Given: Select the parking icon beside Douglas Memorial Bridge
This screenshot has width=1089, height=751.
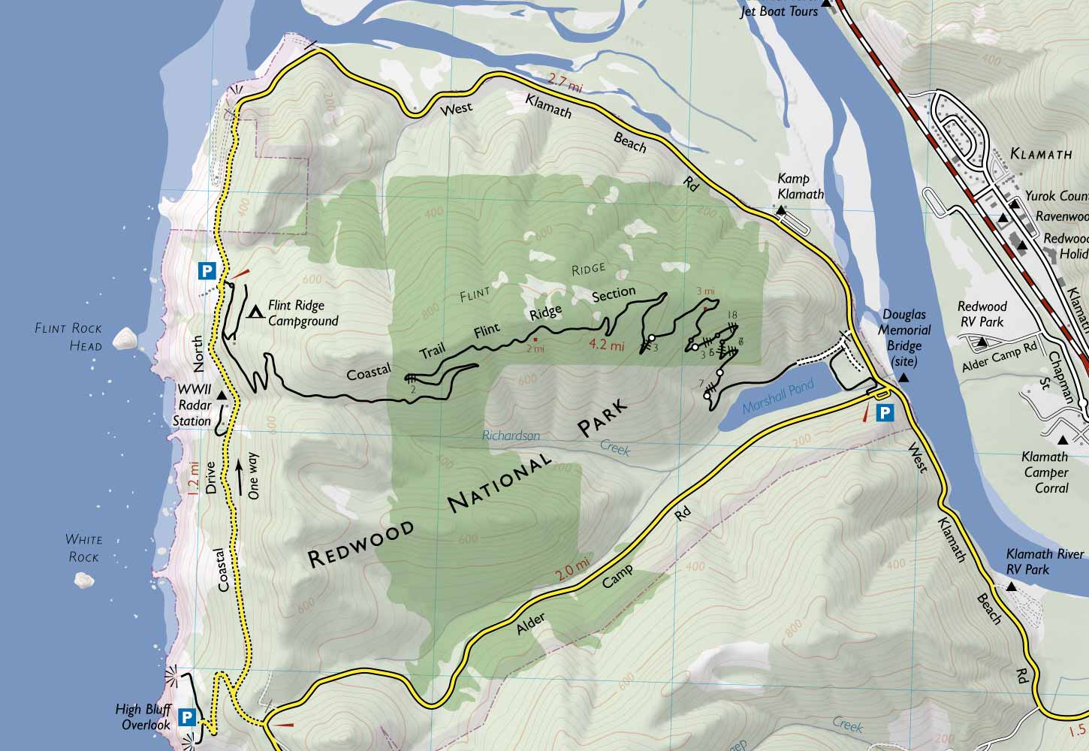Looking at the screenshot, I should click(886, 412).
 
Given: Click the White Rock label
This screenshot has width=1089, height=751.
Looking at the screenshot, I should click(83, 548).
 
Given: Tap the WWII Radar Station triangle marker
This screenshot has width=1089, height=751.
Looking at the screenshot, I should click(222, 396).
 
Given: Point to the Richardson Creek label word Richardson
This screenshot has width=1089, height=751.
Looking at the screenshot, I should click(511, 436).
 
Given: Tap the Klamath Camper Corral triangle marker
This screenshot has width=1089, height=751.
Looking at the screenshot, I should click(1063, 440).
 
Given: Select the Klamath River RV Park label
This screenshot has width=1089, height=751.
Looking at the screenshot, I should click(1046, 562).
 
